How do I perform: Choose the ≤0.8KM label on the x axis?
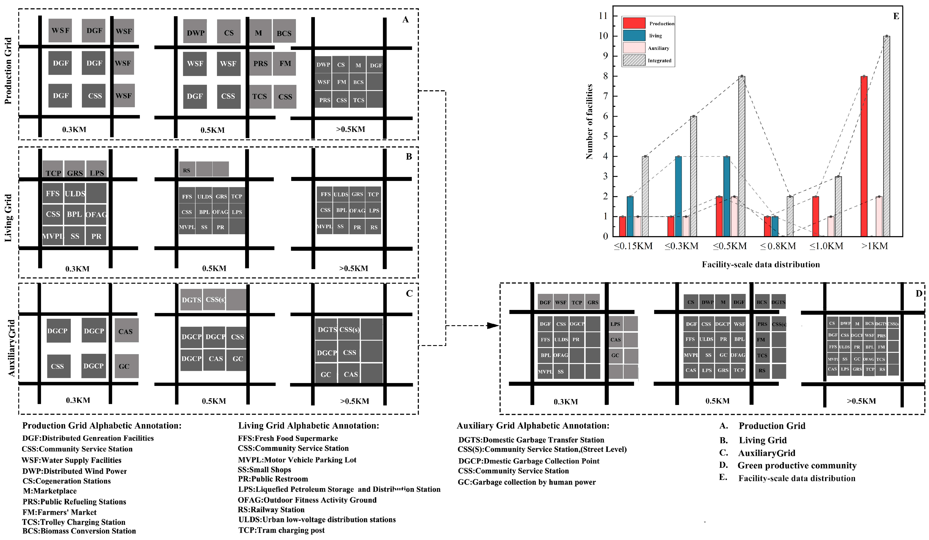(x=778, y=246)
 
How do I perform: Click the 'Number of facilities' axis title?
(x=589, y=122)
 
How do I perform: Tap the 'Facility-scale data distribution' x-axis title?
(x=760, y=265)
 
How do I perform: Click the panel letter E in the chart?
(x=896, y=16)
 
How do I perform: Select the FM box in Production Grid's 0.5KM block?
(x=285, y=64)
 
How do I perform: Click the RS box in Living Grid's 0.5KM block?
(x=187, y=170)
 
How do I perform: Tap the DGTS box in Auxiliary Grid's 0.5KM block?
(x=191, y=300)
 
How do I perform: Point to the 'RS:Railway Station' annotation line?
(x=271, y=510)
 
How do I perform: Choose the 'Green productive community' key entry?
(x=797, y=466)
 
